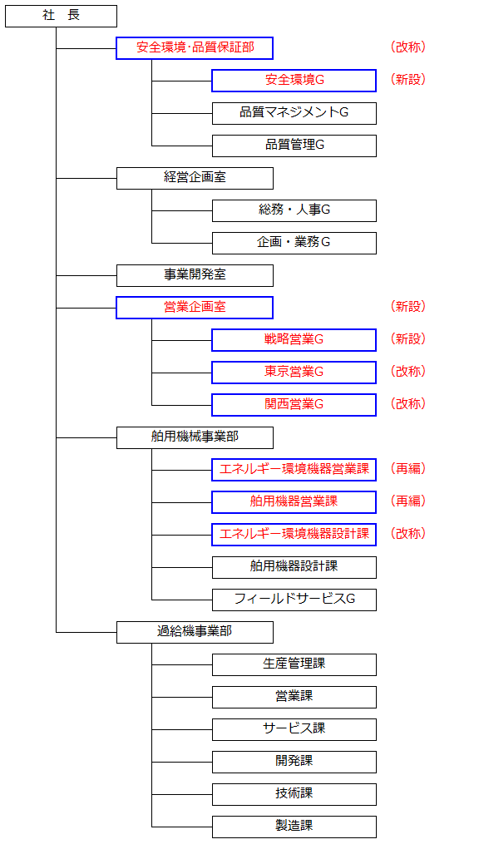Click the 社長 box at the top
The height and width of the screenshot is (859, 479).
pos(61,16)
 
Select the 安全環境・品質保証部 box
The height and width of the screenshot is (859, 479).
pos(195,48)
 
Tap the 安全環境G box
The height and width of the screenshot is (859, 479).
pos(294,81)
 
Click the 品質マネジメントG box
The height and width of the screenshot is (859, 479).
pos(294,113)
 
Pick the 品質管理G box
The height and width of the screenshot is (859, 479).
pos(294,146)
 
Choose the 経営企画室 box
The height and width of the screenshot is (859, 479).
pos(195,178)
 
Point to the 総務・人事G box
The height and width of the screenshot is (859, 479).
pos(294,210)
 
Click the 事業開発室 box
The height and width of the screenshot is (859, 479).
pos(195,275)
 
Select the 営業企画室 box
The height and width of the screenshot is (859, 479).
pos(195,308)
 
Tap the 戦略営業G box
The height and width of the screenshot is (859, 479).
pos(294,340)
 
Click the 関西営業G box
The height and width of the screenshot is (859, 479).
pos(294,405)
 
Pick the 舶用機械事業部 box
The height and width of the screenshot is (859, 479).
pos(195,437)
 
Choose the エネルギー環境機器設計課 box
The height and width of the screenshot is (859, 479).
pos(294,535)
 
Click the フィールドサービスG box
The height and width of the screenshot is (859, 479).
pos(294,600)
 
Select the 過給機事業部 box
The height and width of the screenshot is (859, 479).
pos(195,632)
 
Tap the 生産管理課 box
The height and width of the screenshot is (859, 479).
pos(294,664)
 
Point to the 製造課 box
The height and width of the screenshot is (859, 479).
pos(294,827)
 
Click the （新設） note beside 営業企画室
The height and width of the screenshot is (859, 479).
pos(407,307)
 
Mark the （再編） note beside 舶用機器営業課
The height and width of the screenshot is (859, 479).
pos(407,501)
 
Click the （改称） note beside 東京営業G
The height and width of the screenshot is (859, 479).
pos(407,372)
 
